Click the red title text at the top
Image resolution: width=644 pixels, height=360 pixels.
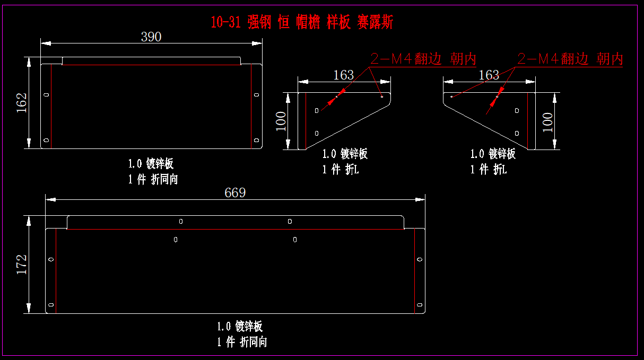302,22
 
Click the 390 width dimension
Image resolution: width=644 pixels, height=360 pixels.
151,37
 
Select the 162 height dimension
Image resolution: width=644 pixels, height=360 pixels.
22,102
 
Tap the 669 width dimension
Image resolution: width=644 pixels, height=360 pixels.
235,192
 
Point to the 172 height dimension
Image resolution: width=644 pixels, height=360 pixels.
22,264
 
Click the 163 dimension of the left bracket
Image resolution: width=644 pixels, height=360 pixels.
343,75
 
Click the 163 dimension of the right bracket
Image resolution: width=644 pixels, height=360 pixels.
489,75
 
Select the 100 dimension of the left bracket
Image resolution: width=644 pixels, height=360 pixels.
281,121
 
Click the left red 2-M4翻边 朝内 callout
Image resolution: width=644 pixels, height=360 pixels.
423,59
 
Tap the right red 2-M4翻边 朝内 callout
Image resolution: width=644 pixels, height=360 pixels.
570,59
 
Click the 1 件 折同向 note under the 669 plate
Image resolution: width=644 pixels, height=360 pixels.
242,342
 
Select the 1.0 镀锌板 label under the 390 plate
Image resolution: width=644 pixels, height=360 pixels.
151,163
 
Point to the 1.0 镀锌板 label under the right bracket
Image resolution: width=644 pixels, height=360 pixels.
493,154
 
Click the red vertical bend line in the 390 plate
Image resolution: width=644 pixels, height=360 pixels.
51,106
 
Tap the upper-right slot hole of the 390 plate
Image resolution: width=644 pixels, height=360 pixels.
257,95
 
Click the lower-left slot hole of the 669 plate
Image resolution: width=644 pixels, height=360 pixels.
51,305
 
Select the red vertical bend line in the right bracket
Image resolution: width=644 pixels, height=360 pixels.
527,121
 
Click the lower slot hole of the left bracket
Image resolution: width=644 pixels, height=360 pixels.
317,133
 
